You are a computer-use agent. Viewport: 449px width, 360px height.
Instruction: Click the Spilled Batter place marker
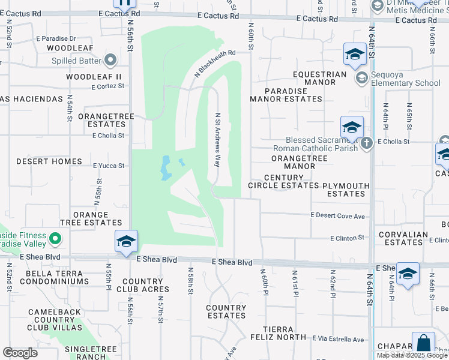(x=110, y=60)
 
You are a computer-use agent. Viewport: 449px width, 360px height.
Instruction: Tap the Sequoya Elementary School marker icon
(x=361, y=77)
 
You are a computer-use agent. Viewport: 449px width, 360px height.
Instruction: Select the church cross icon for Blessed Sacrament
(x=367, y=142)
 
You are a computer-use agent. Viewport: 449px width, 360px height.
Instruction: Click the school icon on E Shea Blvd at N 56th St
(x=127, y=241)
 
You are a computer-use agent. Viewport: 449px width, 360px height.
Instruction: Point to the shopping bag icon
(x=423, y=344)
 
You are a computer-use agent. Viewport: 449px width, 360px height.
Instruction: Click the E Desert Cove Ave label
(x=338, y=216)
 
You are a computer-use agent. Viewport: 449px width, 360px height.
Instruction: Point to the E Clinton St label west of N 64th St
(x=348, y=238)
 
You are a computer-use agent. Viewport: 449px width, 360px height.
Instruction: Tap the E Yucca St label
(x=109, y=166)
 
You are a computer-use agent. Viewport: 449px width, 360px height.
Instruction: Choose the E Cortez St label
(x=108, y=86)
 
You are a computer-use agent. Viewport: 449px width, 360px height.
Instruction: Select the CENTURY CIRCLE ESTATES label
(x=283, y=182)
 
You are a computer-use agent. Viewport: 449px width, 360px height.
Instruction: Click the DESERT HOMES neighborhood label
(x=49, y=162)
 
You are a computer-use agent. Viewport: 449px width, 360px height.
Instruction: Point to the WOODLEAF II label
(x=94, y=77)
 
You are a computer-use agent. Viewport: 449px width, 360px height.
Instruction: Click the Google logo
(x=20, y=353)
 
